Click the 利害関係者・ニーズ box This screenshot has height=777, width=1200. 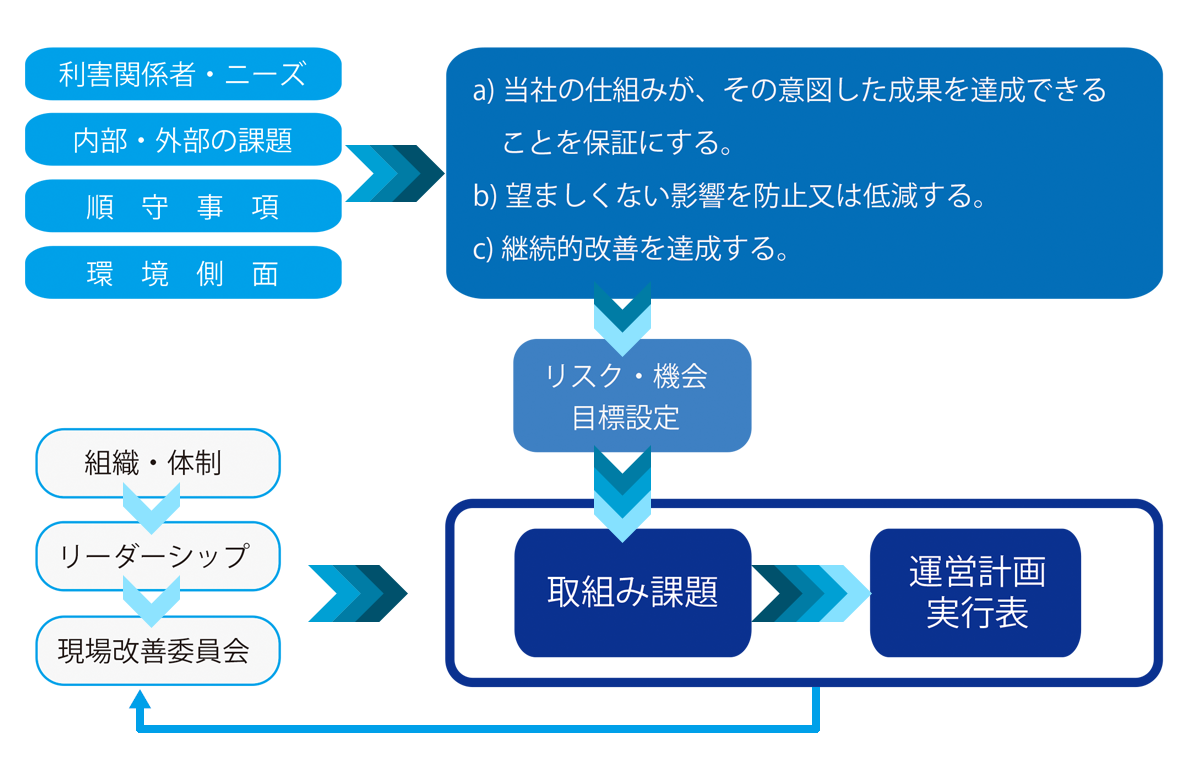point(182,75)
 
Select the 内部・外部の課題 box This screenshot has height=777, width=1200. point(182,140)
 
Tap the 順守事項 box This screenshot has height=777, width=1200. point(182,207)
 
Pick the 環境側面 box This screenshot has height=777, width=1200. point(182,273)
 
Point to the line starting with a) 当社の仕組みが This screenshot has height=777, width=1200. point(790,92)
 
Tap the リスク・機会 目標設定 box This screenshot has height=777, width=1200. point(631,396)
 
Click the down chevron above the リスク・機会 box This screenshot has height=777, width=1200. point(623,318)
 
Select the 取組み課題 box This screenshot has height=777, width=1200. point(632,592)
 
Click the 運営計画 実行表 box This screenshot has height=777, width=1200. point(975,592)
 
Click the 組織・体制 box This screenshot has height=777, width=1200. point(157,463)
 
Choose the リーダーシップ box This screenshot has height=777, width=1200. point(157,556)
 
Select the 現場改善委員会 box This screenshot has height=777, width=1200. point(157,651)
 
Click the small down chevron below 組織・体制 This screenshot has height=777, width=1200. point(150,508)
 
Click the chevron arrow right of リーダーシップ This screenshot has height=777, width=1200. point(357,593)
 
